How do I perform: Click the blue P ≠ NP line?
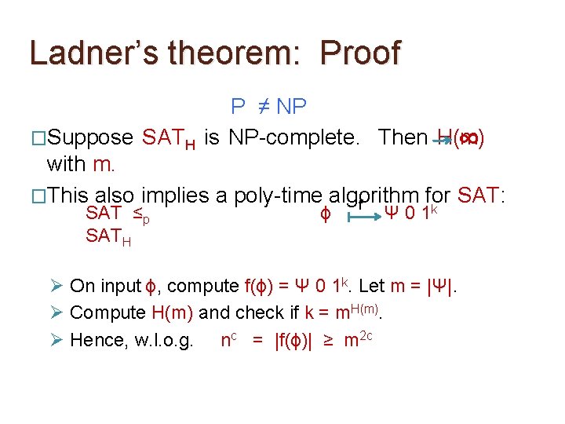269,106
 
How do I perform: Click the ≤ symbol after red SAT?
136,214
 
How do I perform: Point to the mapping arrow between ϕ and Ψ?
362,213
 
